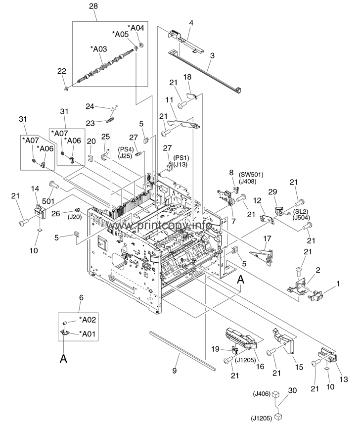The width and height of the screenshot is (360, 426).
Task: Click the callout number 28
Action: [93, 6]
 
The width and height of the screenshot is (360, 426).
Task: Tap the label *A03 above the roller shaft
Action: [98, 49]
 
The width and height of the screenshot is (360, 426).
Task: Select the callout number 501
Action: [48, 201]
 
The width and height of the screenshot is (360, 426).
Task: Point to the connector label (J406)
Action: [262, 393]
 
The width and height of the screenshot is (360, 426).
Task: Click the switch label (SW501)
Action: [251, 175]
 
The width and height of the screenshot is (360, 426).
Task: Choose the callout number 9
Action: [175, 370]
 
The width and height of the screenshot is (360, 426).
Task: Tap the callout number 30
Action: [292, 390]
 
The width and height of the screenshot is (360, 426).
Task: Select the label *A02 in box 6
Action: [88, 320]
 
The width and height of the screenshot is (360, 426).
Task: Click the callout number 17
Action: [267, 238]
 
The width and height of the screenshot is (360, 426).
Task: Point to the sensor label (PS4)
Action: [126, 149]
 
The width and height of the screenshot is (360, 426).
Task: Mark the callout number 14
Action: [35, 189]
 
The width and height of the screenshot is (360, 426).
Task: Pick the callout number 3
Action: [212, 55]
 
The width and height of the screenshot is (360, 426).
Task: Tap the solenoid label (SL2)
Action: [300, 211]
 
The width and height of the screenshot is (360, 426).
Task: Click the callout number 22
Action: [62, 71]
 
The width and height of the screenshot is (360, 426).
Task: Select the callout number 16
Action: [260, 367]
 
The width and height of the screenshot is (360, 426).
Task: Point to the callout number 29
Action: [272, 191]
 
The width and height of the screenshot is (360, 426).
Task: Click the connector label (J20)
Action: [75, 217]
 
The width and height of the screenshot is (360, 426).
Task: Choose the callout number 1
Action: [338, 284]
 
